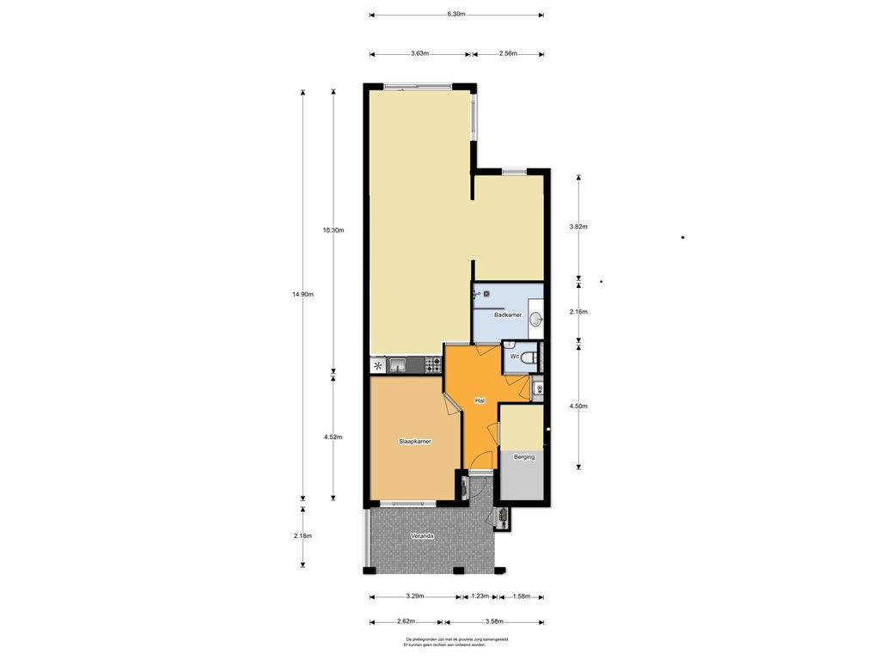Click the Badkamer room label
508,315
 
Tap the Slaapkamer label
415,441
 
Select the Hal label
480,400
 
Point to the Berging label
523,457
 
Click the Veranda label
422,535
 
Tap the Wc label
514,356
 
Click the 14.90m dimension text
303,295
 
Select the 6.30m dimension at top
455,15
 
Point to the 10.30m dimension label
333,230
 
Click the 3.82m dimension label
578,227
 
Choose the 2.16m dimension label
578,311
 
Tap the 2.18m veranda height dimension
303,535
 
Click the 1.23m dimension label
480,596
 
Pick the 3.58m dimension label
492,622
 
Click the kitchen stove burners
431,366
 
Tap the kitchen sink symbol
399,366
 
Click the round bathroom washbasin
535,320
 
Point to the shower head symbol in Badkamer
477,294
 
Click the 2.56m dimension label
507,54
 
